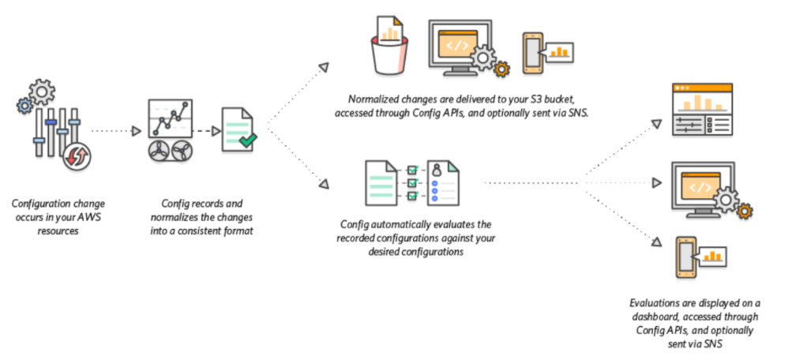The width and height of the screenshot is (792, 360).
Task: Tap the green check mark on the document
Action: [x=248, y=141]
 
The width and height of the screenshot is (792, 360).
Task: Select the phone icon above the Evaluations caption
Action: [x=687, y=256]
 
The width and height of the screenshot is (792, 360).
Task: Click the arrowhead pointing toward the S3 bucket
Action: [x=323, y=68]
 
